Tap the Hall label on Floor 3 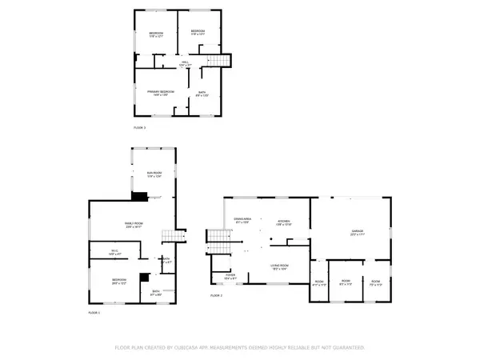click(x=184, y=63)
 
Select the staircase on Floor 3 click(x=220, y=62)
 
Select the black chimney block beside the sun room click(x=139, y=196)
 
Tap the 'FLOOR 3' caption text click(x=139, y=127)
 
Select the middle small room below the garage click(x=346, y=282)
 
